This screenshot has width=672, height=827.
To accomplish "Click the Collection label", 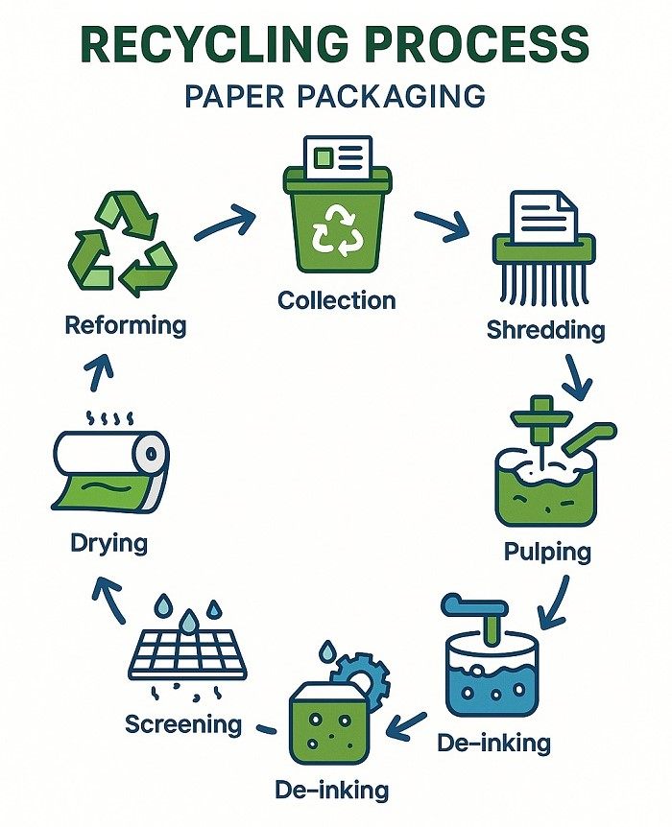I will click(x=336, y=300).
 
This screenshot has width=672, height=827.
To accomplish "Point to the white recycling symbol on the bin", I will click(x=336, y=230).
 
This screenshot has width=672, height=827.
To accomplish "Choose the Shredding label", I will click(x=545, y=330).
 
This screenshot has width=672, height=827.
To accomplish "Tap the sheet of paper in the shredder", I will click(x=542, y=217).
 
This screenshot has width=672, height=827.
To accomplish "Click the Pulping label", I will click(x=547, y=552).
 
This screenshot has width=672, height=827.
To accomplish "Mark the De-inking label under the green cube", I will click(x=332, y=791).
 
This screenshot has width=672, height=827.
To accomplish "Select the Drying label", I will click(x=109, y=543).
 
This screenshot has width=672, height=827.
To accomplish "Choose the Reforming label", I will click(x=125, y=324).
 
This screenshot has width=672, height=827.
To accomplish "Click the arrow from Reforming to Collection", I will click(x=225, y=224).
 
